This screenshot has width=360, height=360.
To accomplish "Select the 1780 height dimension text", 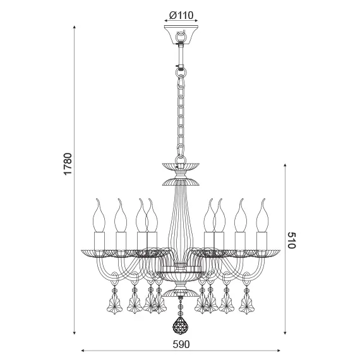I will (69, 165).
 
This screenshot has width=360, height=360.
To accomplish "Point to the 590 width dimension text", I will (181, 345).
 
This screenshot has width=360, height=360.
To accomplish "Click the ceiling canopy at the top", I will (181, 34).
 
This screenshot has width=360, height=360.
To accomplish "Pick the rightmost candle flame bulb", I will (261, 215).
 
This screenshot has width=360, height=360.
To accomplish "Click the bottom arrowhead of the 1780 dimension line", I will (76, 332).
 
